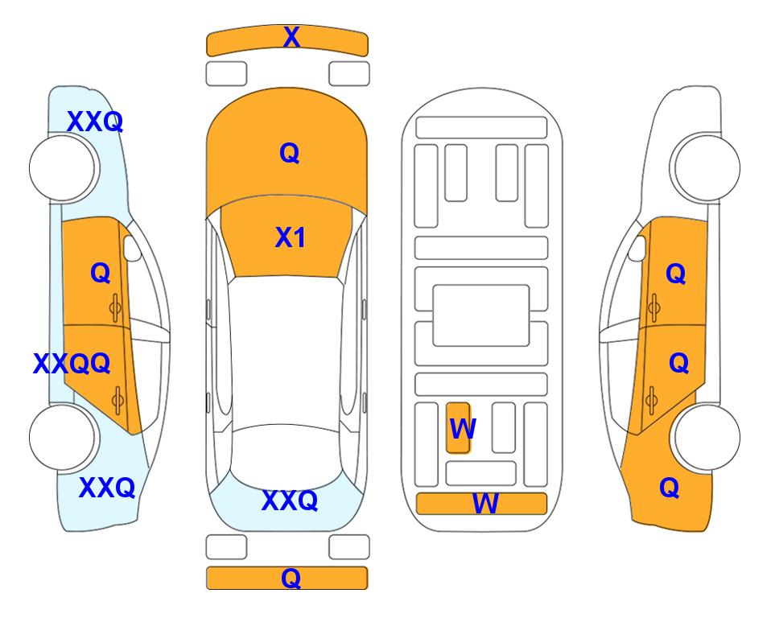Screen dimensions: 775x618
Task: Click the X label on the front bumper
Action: pyautogui.click(x=291, y=37)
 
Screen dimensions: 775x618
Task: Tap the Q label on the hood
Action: pyautogui.click(x=289, y=153)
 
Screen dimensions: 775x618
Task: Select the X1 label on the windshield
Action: pyautogui.click(x=291, y=237)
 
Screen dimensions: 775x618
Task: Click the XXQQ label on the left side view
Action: pyautogui.click(x=72, y=364)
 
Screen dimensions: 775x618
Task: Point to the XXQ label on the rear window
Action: pyautogui.click(x=290, y=501)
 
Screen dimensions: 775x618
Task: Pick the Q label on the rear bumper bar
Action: pyautogui.click(x=291, y=578)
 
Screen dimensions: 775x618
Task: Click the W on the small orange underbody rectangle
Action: pyautogui.click(x=463, y=429)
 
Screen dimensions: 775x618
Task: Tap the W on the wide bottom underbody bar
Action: pyautogui.click(x=485, y=504)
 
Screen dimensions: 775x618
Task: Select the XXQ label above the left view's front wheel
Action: pyautogui.click(x=95, y=122)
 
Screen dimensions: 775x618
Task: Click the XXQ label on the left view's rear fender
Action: pyautogui.click(x=107, y=488)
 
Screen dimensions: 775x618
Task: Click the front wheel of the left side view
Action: pyautogui.click(x=63, y=168)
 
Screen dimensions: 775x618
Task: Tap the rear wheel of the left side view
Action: pyautogui.click(x=63, y=437)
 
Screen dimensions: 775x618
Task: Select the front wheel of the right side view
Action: pyautogui.click(x=707, y=168)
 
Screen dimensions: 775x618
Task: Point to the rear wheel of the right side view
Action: pyautogui.click(x=707, y=437)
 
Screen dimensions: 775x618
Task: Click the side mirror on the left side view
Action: pyautogui.click(x=131, y=248)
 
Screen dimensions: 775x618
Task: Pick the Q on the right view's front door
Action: pyautogui.click(x=676, y=274)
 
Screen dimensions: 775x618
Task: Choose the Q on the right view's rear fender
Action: pyautogui.click(x=670, y=488)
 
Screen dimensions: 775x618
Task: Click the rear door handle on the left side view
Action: pyautogui.click(x=117, y=401)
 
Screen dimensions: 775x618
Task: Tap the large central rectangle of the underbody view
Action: pyautogui.click(x=481, y=315)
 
